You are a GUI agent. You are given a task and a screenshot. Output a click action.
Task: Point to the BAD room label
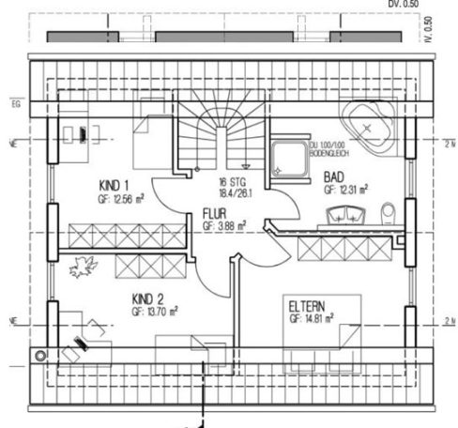pos(332,176)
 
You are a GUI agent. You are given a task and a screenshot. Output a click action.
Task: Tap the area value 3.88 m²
pos(224,225)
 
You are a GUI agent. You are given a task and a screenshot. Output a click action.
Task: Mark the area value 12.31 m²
pos(345,189)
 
